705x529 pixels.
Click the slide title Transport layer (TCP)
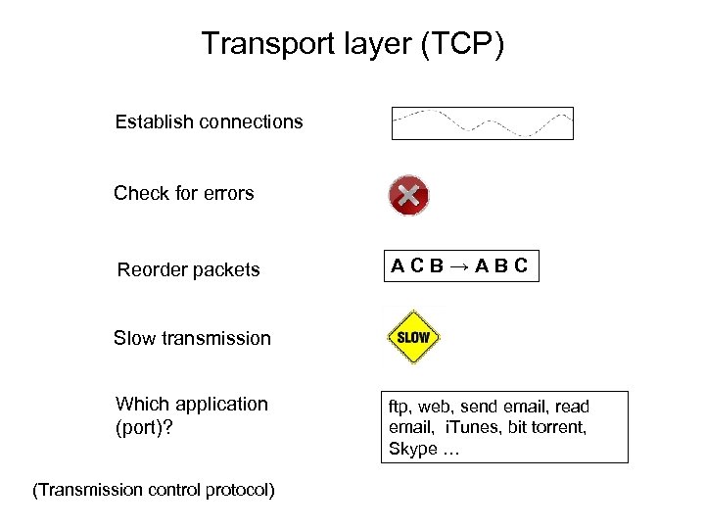click(352, 44)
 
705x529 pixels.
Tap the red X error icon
click(408, 195)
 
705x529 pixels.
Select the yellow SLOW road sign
click(413, 338)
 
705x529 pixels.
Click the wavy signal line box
click(482, 123)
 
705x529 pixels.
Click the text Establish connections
click(209, 122)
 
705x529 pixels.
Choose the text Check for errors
click(183, 193)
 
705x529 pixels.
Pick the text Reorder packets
click(188, 269)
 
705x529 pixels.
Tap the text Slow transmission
click(192, 338)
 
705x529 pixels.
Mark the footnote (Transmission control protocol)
click(154, 489)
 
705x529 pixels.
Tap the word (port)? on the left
click(144, 428)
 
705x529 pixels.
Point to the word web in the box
click(437, 407)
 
